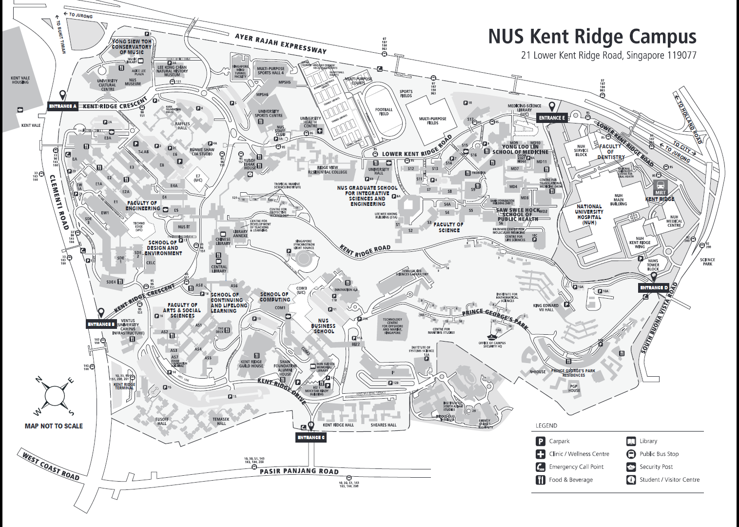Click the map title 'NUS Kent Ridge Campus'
coord(592,37)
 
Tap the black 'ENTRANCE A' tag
coord(63,106)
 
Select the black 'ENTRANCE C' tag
coord(311,437)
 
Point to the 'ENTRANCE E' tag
coord(552,118)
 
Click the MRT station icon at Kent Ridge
coord(660,187)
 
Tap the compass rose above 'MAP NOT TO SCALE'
coord(55,396)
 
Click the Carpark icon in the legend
coord(540,441)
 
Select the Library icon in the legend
coord(631,441)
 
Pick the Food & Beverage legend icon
coord(540,480)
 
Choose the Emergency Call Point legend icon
coord(540,467)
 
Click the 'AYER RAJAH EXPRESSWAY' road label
coord(280,43)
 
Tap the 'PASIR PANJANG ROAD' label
coord(299,471)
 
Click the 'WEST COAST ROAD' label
coord(51,466)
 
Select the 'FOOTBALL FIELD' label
coord(384,112)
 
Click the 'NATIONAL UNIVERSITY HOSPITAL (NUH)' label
coord(589,214)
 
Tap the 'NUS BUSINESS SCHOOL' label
coord(323,326)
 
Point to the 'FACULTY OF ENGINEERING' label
coord(142,205)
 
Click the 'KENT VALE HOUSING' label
coord(20,80)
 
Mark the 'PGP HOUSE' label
coord(574,388)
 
